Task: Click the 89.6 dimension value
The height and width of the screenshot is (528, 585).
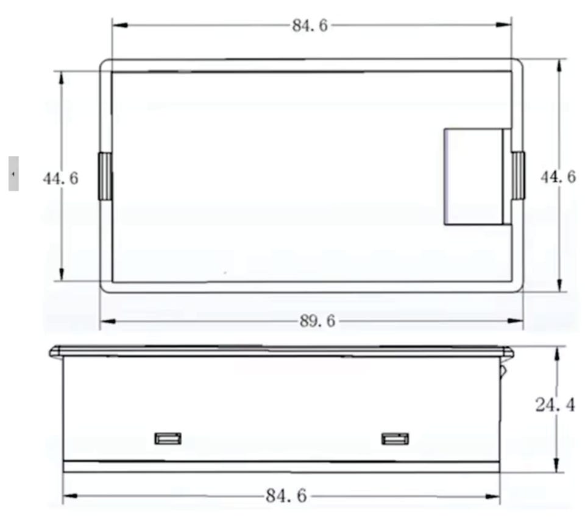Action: coord(317,321)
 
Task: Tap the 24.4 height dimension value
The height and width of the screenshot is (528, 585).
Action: coord(555,405)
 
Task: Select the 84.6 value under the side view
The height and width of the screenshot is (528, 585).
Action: coord(286,496)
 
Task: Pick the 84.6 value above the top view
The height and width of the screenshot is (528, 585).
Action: coord(310,26)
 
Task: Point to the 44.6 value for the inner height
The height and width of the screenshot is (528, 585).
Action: coord(60,178)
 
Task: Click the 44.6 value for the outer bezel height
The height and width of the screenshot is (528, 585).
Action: coord(558,177)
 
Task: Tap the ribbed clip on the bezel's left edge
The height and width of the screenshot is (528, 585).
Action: coord(105,176)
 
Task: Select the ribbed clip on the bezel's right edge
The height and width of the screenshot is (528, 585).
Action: coord(518,176)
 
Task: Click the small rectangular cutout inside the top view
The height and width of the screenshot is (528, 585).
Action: coord(475,177)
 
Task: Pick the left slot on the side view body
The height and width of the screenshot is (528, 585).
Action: coord(168,438)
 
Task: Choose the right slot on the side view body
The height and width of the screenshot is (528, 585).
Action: coord(395,438)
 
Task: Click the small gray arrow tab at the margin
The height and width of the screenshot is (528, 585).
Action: coord(13,174)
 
